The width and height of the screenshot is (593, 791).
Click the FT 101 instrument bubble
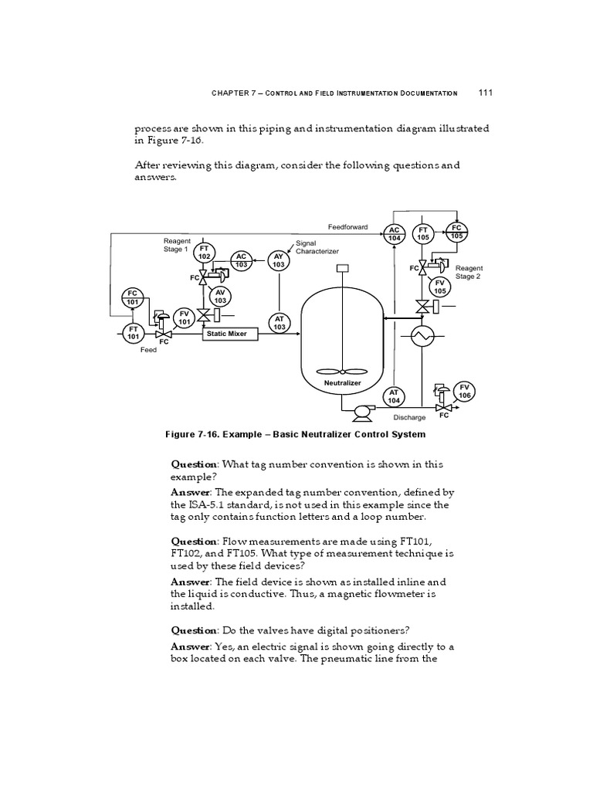pyautogui.click(x=133, y=332)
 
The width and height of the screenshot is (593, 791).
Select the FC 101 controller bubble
pyautogui.click(x=133, y=297)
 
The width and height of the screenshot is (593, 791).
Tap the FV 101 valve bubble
pyautogui.click(x=184, y=317)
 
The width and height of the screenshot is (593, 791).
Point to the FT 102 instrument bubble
pyautogui.click(x=204, y=253)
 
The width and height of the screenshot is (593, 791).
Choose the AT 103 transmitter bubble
pyautogui.click(x=279, y=323)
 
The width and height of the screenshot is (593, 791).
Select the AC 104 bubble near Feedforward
pyautogui.click(x=394, y=233)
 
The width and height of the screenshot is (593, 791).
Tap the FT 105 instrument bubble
pyautogui.click(x=423, y=233)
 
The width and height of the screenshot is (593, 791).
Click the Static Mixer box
pyautogui.click(x=226, y=334)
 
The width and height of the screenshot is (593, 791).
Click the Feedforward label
pyautogui.click(x=347, y=227)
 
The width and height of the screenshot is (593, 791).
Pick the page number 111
pyautogui.click(x=486, y=93)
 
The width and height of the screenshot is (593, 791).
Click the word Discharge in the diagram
pyautogui.click(x=409, y=418)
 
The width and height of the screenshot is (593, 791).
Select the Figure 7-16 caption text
pyautogui.click(x=295, y=434)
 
